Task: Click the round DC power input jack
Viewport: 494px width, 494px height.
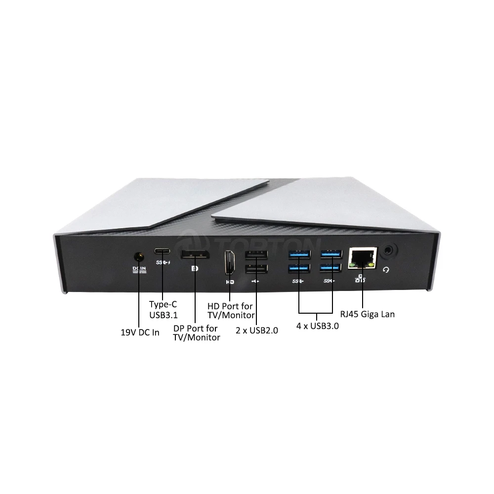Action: [139, 257]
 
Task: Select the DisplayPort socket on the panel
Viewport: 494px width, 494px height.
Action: [194, 255]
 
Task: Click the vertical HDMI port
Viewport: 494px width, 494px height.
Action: [229, 262]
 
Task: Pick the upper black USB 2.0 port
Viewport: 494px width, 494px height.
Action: [256, 255]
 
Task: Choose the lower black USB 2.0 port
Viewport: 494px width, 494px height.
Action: [256, 269]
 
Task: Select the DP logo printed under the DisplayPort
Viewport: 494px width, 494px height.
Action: [194, 269]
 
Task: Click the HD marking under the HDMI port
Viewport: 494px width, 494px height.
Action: [229, 282]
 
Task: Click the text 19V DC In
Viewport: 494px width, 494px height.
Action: [140, 332]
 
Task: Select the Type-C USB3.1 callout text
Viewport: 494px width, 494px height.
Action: [163, 310]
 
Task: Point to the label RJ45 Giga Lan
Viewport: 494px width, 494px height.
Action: [368, 314]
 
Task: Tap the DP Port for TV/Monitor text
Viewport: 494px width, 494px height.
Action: [197, 332]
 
